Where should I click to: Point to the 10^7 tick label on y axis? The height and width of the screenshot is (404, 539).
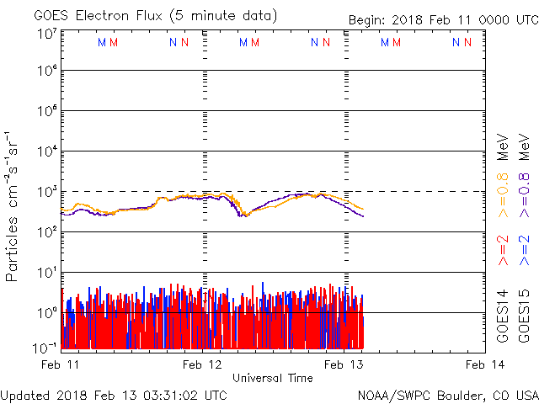tap(46, 34)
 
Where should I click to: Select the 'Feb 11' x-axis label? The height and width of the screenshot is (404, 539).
tap(61, 364)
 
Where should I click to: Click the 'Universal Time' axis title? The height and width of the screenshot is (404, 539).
tap(273, 378)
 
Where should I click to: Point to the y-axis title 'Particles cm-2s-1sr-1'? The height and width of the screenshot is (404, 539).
tap(14, 205)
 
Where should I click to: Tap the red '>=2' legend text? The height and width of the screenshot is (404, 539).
tap(504, 251)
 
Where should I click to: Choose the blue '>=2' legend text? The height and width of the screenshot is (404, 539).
tap(525, 251)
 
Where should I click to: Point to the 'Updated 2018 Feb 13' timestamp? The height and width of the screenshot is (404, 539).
tap(114, 395)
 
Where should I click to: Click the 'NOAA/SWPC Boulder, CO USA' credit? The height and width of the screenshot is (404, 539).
tap(447, 395)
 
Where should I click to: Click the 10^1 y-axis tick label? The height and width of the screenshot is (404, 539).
tap(46, 273)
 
